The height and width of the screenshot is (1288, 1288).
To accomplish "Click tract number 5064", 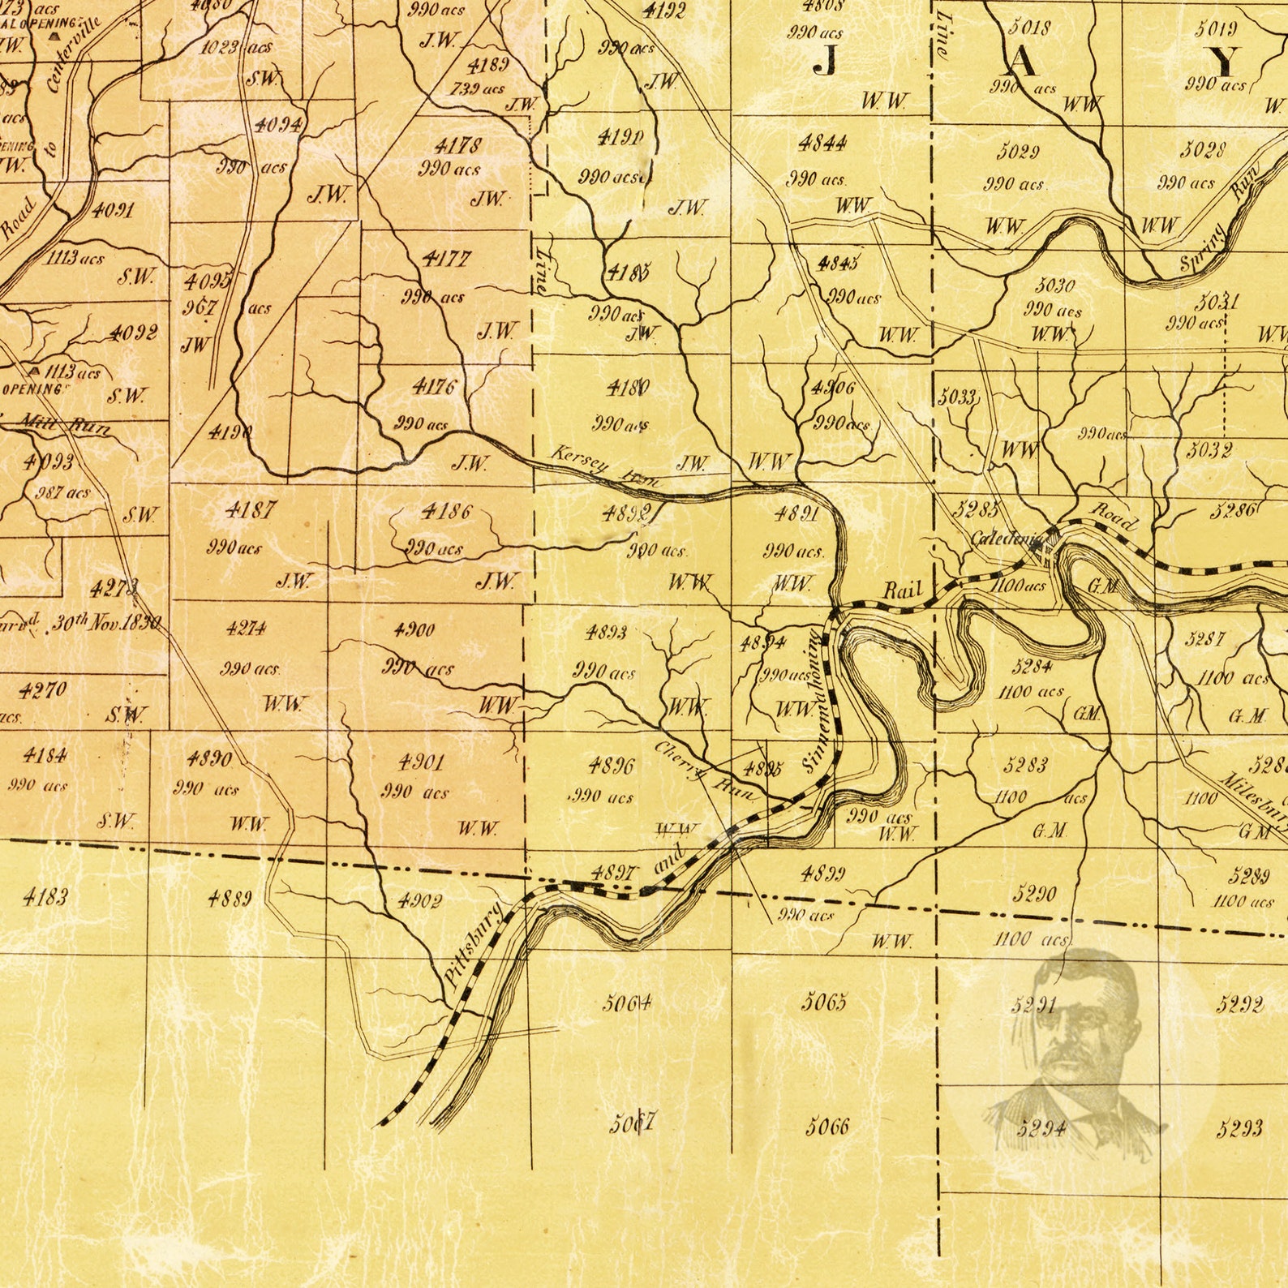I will pyautogui.click(x=626, y=1004).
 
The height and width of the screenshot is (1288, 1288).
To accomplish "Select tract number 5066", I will pyautogui.click(x=826, y=1127).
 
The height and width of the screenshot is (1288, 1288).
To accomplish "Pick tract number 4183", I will pyautogui.click(x=45, y=896).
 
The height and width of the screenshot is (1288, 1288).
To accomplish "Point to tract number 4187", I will pyautogui.click(x=250, y=510).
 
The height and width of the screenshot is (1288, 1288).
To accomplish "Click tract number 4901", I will pyautogui.click(x=421, y=762).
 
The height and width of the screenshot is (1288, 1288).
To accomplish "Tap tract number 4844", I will pyautogui.click(x=822, y=144).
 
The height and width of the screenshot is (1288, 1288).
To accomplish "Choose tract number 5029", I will pyautogui.click(x=1018, y=152).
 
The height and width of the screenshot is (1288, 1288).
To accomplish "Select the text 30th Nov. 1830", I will pyautogui.click(x=105, y=624).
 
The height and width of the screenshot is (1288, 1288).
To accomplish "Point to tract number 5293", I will pyautogui.click(x=1239, y=1128).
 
